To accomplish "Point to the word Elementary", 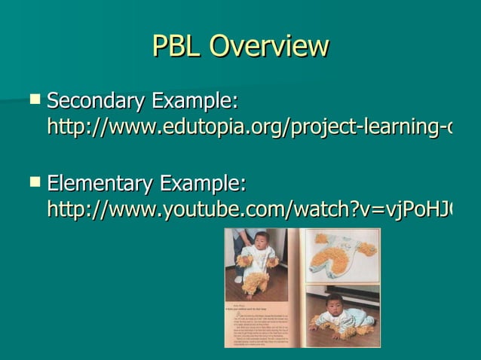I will pos(99,183).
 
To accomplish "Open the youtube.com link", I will pos(249,210).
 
